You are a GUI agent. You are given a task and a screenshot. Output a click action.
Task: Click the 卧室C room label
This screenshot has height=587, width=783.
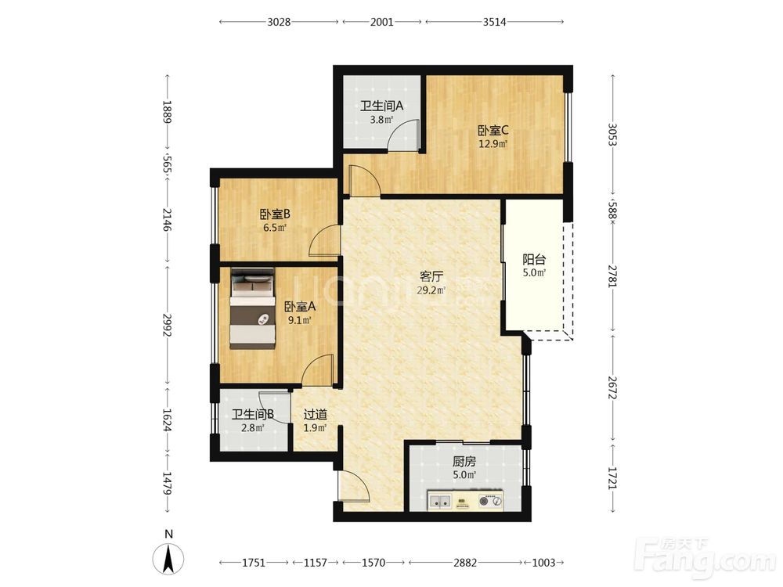[493, 131]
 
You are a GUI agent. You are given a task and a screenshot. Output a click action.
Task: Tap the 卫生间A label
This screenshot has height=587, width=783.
[382, 106]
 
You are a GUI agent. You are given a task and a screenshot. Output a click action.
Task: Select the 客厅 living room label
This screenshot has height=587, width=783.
[431, 277]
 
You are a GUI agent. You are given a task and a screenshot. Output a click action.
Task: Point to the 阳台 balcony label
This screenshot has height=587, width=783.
[534, 260]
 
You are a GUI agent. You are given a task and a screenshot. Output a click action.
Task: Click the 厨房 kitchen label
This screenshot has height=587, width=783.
[464, 462]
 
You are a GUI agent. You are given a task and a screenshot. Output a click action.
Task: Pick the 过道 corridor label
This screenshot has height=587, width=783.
[316, 414]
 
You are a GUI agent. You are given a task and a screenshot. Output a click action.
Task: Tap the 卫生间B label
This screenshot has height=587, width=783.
[253, 415]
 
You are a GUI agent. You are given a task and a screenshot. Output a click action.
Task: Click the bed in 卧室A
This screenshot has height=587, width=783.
[252, 308]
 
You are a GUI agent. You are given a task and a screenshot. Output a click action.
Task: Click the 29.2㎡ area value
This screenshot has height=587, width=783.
[431, 290]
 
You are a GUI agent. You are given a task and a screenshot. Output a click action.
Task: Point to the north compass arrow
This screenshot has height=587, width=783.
[169, 559]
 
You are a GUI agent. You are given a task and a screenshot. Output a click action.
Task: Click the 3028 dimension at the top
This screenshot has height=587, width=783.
[279, 22]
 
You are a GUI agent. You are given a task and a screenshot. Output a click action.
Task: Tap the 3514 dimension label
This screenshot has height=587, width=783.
[494, 22]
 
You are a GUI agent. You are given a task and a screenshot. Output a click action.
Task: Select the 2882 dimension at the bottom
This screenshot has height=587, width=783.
[465, 563]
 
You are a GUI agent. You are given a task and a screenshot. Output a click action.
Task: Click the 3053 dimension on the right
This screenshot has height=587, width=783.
[613, 135]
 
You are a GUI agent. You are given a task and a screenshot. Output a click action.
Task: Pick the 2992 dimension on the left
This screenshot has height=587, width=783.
[168, 325]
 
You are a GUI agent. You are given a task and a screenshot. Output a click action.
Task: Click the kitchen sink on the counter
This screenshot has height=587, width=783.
[440, 501]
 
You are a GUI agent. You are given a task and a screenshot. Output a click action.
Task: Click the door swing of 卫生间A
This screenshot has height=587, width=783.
[402, 135]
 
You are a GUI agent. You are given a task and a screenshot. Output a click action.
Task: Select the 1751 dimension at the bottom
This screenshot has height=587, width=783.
[254, 563]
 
